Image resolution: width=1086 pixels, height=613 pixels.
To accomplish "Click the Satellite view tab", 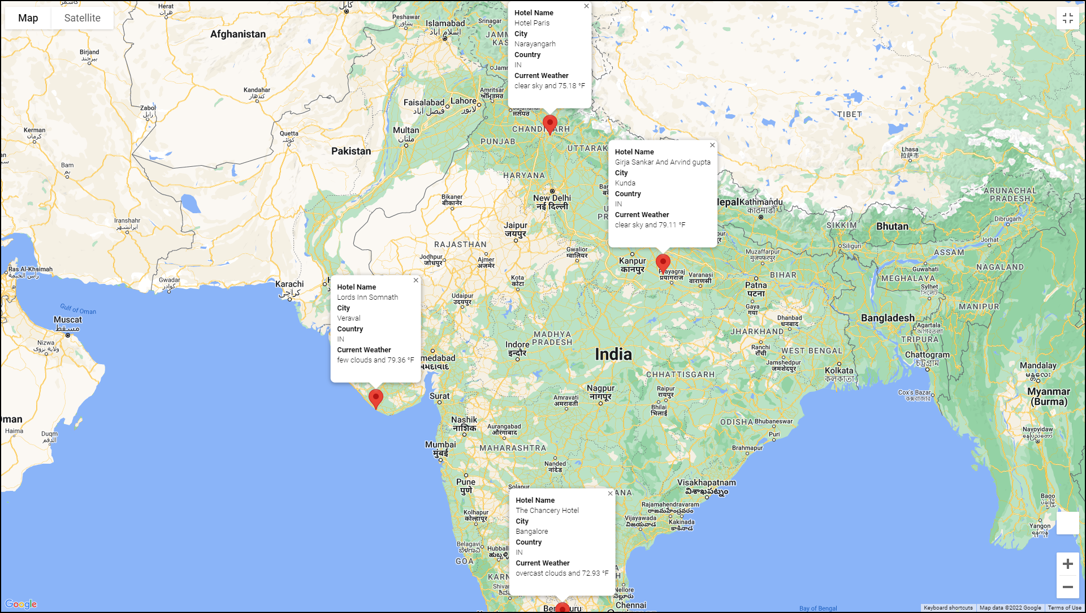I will (x=82, y=18).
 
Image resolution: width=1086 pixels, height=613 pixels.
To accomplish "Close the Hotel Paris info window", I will (x=586, y=6).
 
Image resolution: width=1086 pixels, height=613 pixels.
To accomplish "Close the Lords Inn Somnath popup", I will (x=416, y=280).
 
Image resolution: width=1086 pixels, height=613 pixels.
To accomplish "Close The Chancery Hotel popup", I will (x=610, y=494).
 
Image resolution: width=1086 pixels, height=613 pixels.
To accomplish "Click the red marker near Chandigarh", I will (x=550, y=124).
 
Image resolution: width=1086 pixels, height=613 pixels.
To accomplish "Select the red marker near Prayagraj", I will (x=663, y=263).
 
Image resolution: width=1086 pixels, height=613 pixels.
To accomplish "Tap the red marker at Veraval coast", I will (x=375, y=398).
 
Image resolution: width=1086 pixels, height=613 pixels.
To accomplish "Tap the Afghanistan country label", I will (x=238, y=34).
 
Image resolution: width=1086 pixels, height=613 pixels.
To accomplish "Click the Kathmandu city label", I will (x=761, y=202).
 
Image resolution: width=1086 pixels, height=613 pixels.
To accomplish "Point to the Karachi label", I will (x=289, y=284).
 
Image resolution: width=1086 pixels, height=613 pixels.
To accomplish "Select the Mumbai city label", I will (x=440, y=444).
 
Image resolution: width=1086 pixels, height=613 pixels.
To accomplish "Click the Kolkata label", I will (x=839, y=371).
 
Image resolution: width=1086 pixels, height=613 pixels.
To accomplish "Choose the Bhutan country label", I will (x=892, y=226).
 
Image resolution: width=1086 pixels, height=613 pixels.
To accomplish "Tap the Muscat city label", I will (x=68, y=320).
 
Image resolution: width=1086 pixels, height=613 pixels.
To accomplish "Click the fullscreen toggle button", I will (x=1067, y=18).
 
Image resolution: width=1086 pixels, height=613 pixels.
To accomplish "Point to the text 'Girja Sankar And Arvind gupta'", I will (x=663, y=162).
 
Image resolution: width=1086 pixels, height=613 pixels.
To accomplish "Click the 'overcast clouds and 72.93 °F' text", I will (x=562, y=573).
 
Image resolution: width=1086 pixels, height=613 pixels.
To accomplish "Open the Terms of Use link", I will (x=1064, y=608).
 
